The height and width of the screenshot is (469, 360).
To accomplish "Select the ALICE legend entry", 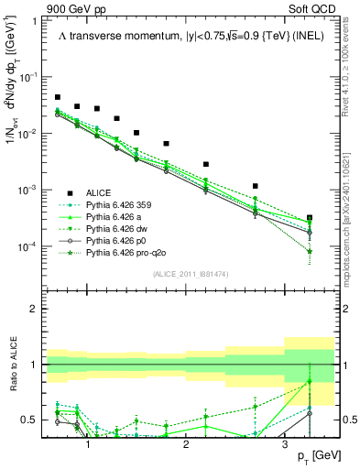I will [x=99, y=191].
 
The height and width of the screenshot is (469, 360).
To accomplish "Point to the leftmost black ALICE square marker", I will [x=58, y=97].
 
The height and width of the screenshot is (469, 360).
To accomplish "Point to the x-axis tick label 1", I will [x=88, y=444].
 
